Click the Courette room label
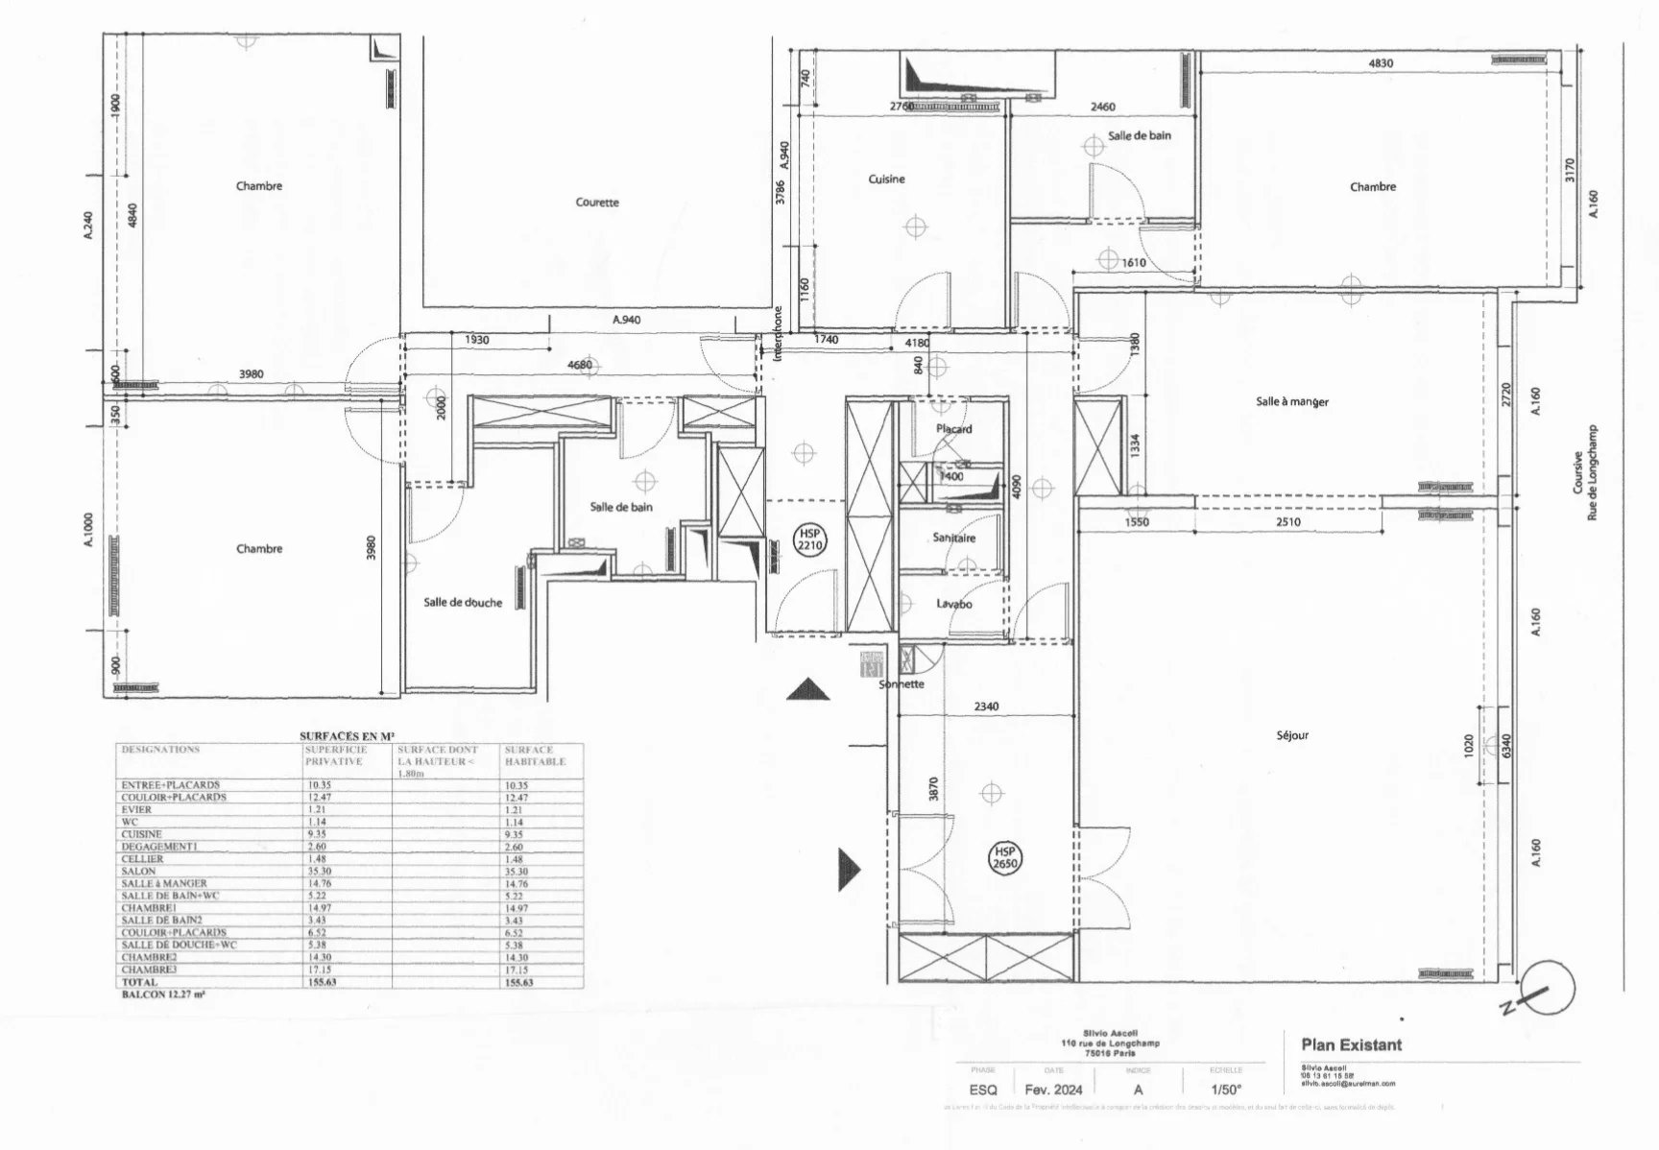point(597,203)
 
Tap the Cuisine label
point(886,180)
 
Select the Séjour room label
point(1292,735)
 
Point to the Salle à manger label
point(1292,402)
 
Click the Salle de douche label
point(463,603)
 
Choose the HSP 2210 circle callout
point(810,539)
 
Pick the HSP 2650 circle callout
point(1005,857)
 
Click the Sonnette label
point(902,684)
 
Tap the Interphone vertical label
point(778,333)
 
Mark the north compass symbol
point(1547,989)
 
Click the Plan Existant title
point(1351,1044)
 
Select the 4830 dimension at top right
point(1380,63)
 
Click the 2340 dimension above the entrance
point(986,707)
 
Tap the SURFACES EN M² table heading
point(349,735)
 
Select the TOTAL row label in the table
point(139,983)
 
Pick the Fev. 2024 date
point(1053,1090)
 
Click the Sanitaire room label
point(953,539)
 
